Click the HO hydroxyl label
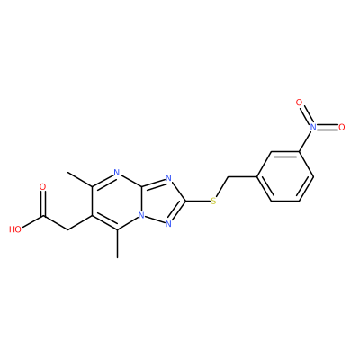(15, 229)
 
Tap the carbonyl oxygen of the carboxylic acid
(43, 187)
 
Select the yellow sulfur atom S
(213, 201)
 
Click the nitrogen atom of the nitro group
(313, 127)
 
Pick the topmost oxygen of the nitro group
(299, 103)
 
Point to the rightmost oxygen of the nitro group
(341, 127)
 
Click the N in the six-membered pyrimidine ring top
(117, 173)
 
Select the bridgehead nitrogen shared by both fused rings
(141, 215)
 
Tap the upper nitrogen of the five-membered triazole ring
(168, 178)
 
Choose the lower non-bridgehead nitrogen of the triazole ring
(168, 224)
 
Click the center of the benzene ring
(285, 176)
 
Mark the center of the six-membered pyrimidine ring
(117, 201)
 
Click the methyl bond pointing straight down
(117, 244)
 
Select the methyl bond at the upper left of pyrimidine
(80, 179)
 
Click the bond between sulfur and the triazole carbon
(198, 201)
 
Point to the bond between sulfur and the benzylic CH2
(221, 187)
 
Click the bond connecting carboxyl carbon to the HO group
(32, 221)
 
